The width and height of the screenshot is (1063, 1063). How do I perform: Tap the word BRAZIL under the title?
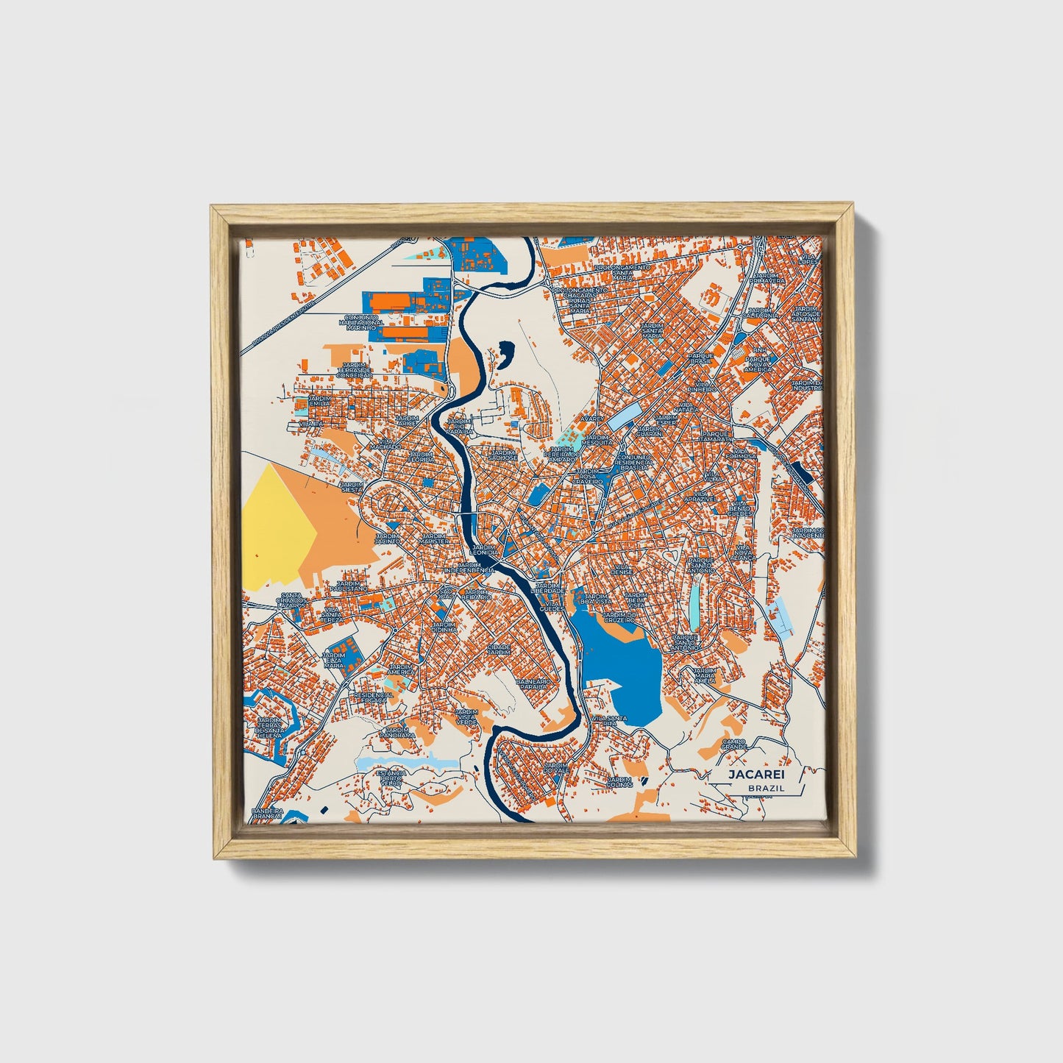click(765, 788)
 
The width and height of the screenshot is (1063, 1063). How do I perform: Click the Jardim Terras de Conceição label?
click(355, 369)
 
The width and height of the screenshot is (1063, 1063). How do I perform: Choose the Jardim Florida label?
click(422, 457)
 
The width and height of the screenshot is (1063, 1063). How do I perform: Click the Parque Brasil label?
click(701, 358)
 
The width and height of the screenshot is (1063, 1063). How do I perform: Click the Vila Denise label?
click(622, 569)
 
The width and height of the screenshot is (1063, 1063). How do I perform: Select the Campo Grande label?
click(733, 744)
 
